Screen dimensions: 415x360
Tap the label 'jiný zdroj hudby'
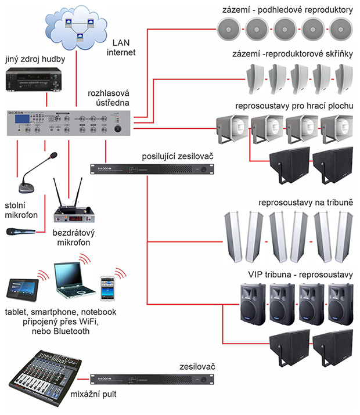(x=35, y=59)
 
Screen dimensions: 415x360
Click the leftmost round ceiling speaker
(x=228, y=27)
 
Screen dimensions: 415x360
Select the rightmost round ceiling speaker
(x=341, y=27)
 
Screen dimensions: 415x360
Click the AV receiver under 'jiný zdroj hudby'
(x=34, y=81)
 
